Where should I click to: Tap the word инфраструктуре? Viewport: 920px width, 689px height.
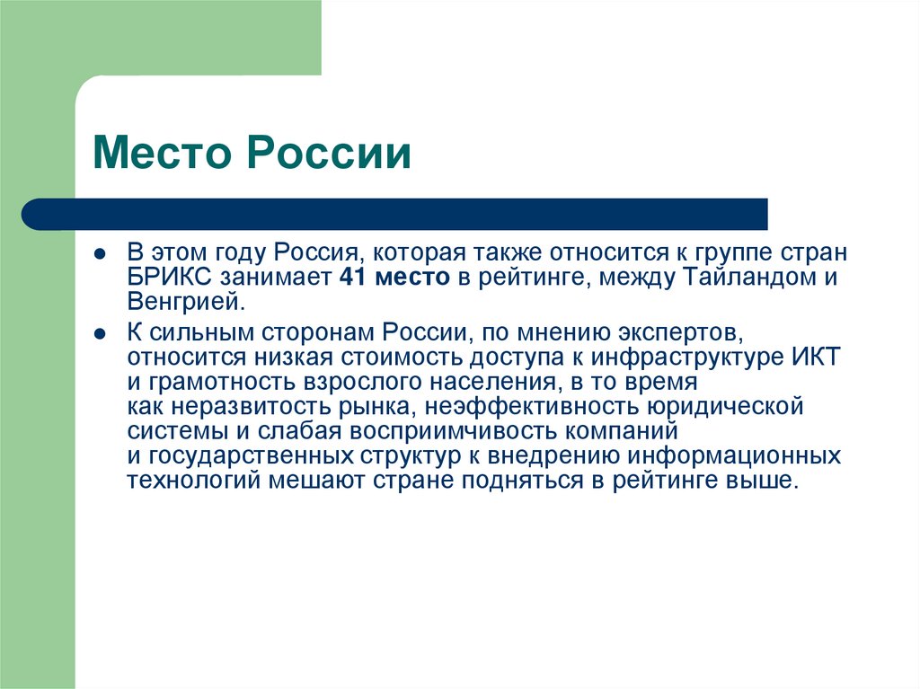click(x=680, y=356)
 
